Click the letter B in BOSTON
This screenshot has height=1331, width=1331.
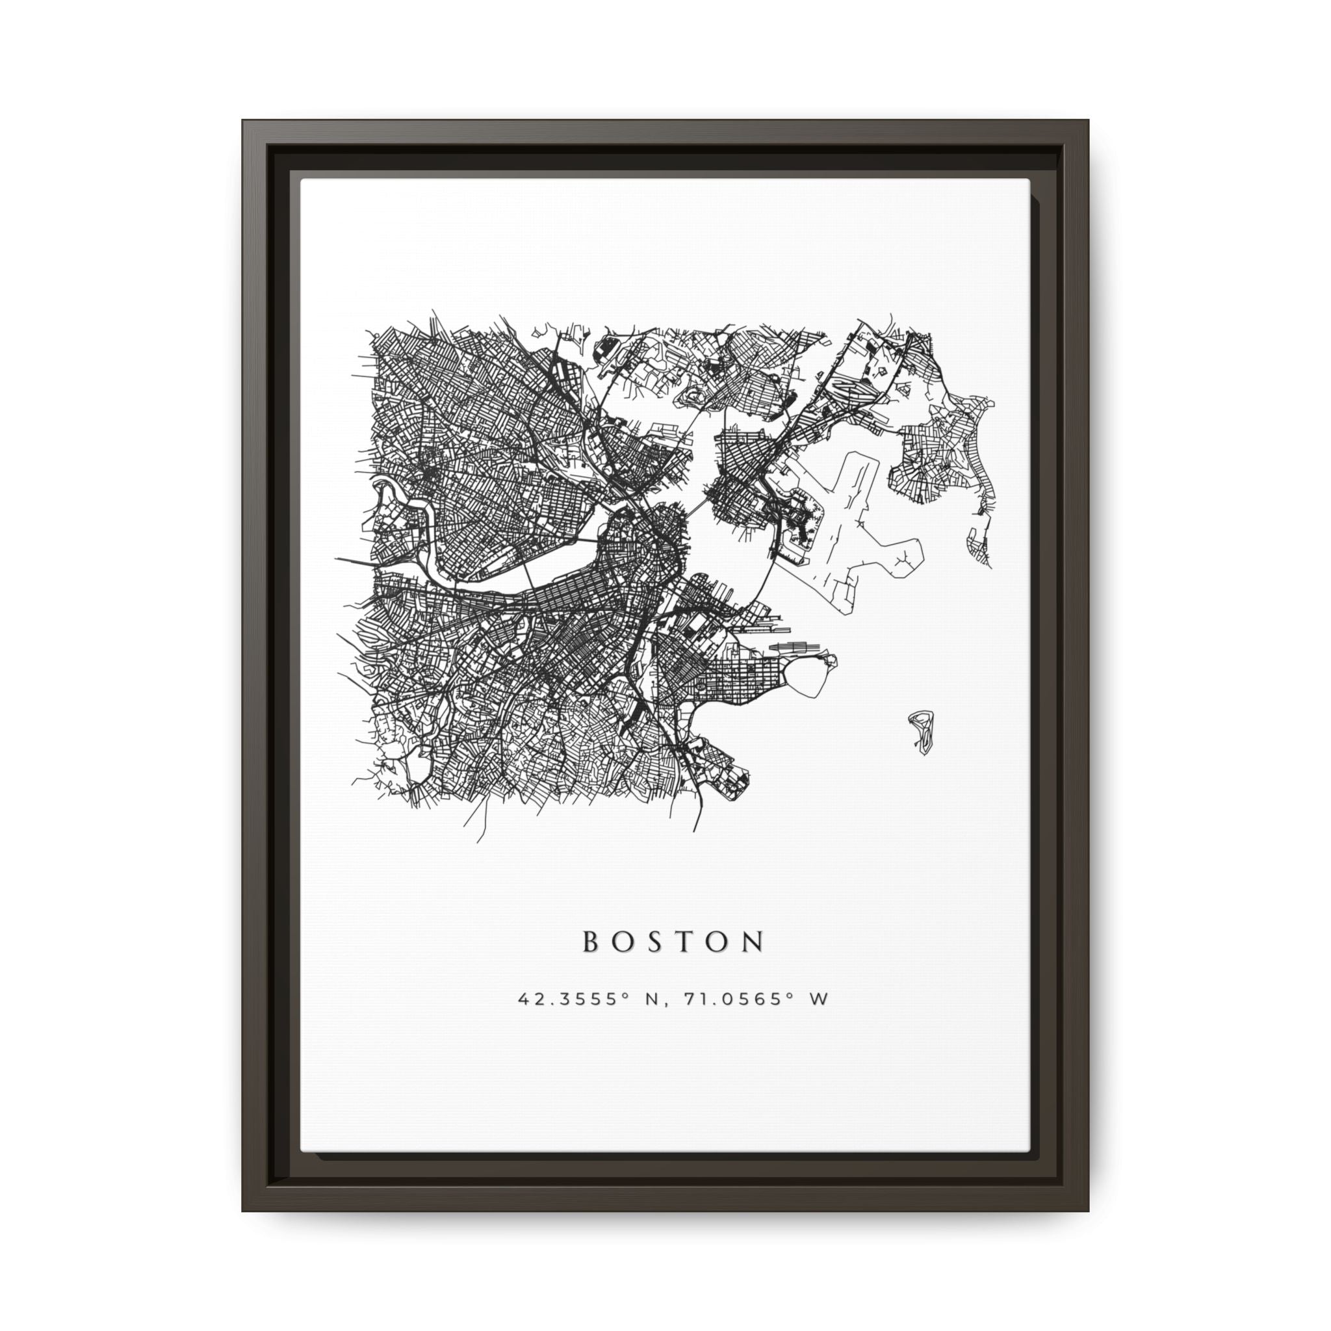coord(591,942)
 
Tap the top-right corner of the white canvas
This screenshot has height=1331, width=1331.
coord(1029,181)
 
